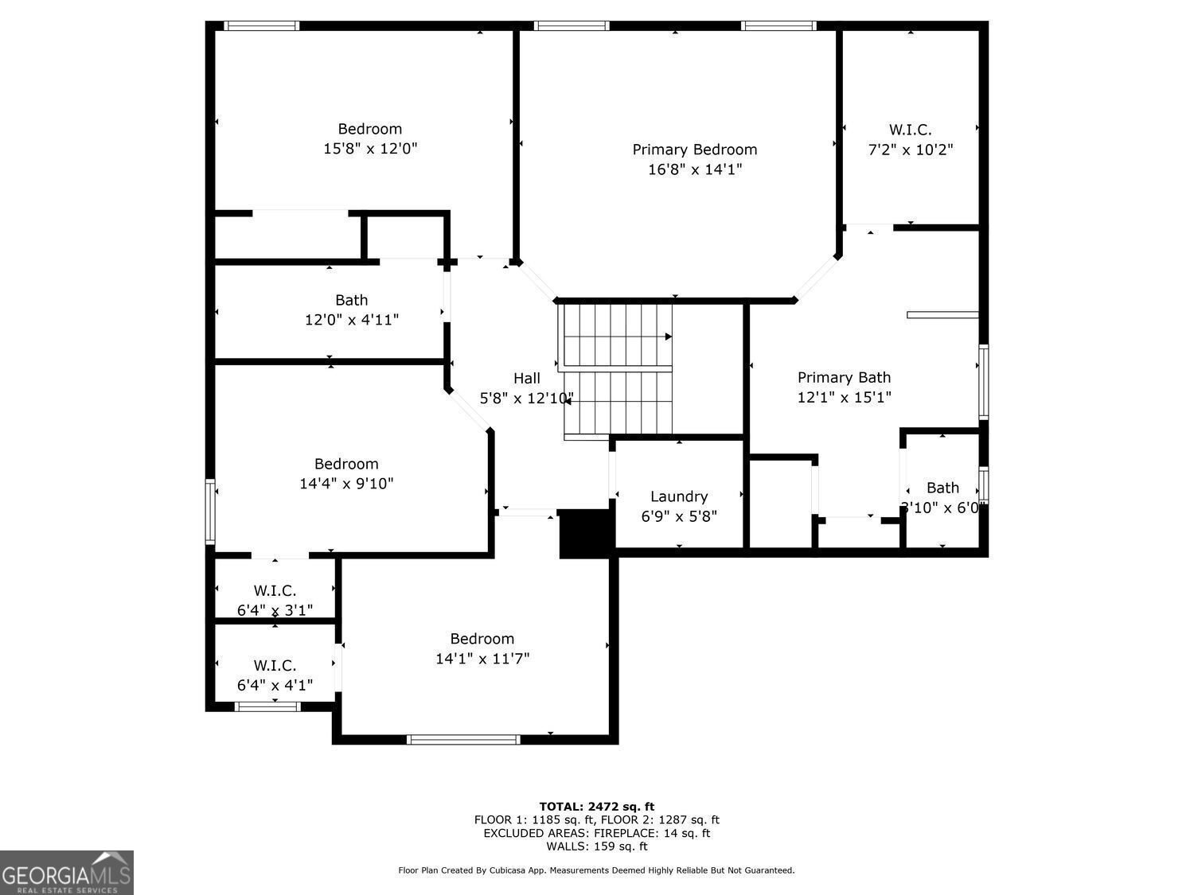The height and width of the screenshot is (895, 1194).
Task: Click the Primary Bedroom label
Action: click(694, 150)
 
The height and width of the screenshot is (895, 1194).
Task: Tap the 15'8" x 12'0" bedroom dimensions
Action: click(370, 148)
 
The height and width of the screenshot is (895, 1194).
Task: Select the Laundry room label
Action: click(679, 496)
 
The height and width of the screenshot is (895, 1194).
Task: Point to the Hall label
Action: click(527, 378)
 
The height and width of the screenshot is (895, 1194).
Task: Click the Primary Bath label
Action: click(844, 377)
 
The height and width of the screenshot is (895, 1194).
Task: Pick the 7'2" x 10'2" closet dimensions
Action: click(910, 150)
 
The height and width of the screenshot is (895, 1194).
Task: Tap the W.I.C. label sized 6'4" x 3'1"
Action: click(275, 590)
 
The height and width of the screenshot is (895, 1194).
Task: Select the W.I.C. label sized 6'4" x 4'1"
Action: click(275, 665)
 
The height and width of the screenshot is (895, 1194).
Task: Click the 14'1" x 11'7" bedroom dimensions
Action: click(482, 659)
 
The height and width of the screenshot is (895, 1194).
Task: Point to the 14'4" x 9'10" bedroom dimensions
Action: click(346, 484)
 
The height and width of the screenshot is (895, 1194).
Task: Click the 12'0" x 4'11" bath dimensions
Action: click(351, 320)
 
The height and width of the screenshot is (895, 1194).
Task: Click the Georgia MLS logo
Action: click(66, 872)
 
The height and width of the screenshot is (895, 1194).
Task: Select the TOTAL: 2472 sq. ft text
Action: click(597, 807)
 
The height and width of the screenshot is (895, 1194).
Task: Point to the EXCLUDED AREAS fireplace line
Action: click(597, 833)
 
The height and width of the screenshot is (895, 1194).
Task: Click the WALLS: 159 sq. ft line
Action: click(597, 846)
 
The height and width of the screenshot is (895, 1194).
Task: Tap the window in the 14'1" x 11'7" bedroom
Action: click(463, 739)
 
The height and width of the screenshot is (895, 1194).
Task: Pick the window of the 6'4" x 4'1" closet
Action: click(267, 706)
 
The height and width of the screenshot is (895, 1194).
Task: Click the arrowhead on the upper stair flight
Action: click(669, 337)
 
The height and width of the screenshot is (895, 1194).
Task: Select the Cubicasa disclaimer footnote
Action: click(596, 870)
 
